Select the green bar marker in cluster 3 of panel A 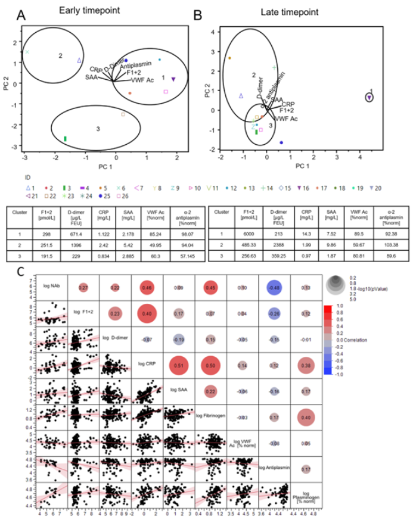pos(65,139)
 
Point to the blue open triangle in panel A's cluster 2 pos(79,60)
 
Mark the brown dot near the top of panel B pos(229,58)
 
